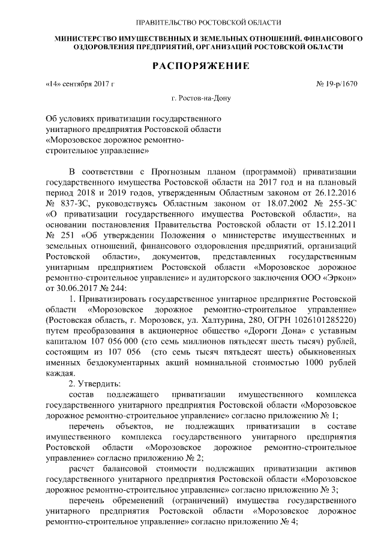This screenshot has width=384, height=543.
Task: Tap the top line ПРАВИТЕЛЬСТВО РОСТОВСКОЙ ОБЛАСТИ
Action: point(208,23)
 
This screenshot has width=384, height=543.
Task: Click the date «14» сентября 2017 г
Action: point(79,85)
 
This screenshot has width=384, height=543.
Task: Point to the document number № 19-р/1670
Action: point(337,85)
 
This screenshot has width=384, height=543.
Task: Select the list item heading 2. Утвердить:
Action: point(95,383)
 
